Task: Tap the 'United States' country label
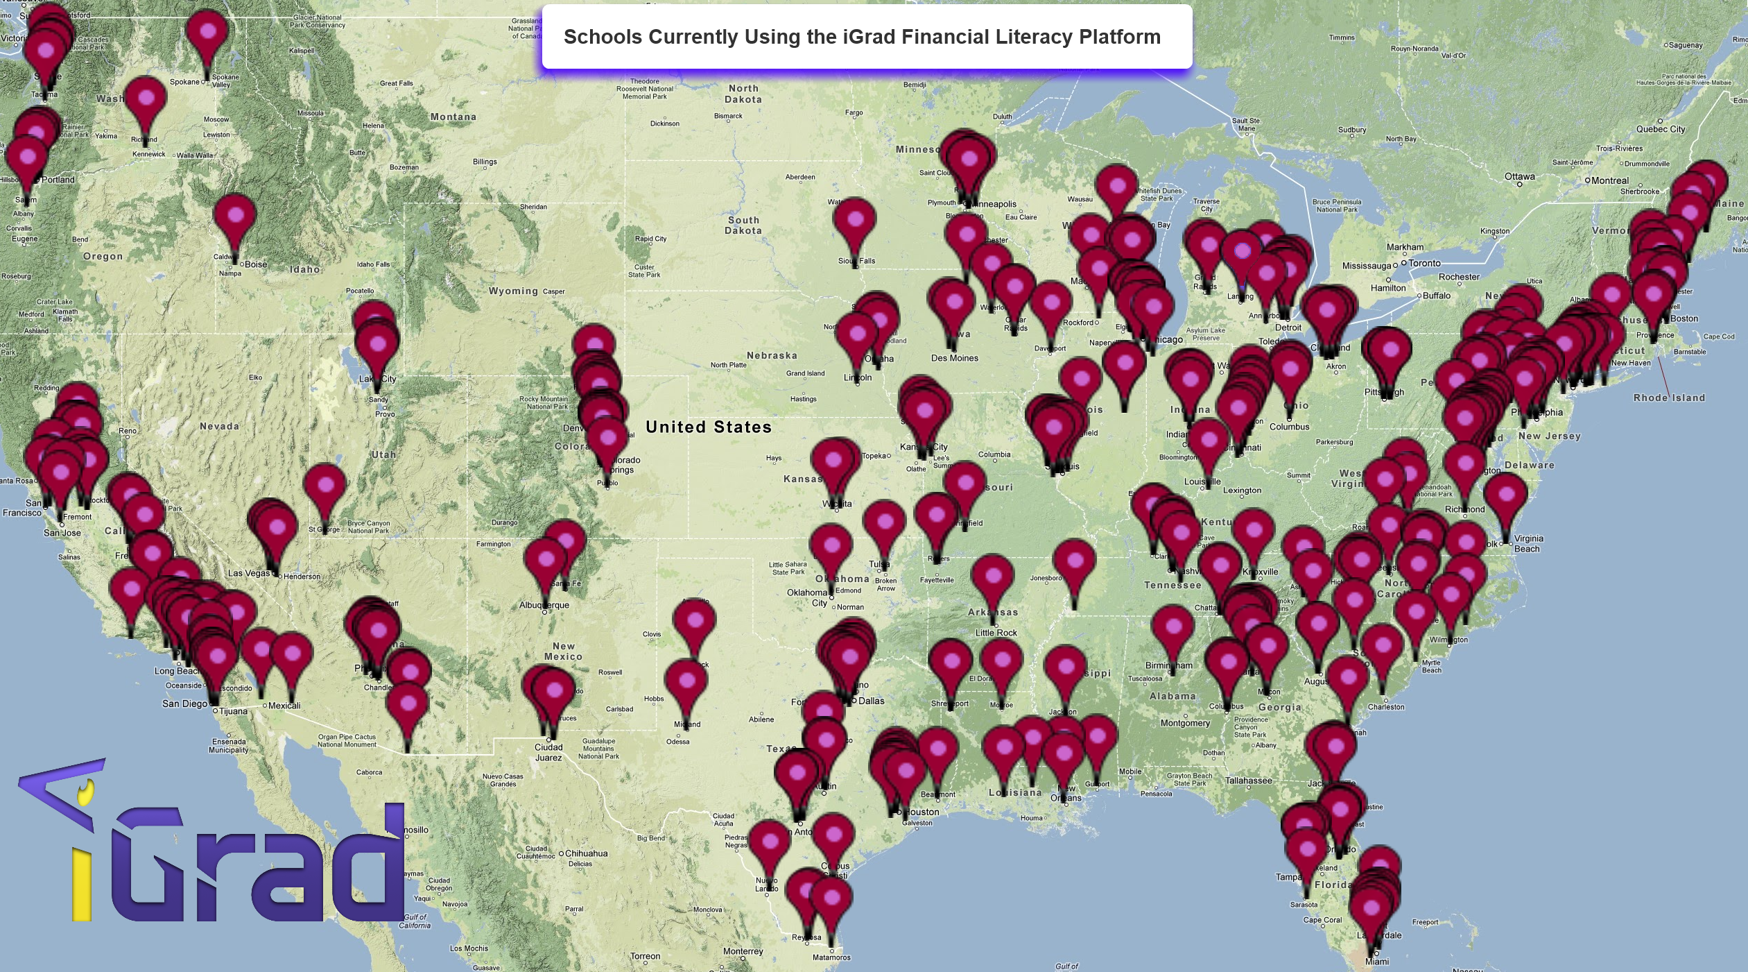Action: pos(708,427)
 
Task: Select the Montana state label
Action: pos(453,117)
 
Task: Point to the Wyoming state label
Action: pos(512,291)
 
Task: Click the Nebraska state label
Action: pos(771,356)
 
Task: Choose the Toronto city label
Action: pos(1424,264)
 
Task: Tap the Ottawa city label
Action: pos(1519,177)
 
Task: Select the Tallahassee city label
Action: pos(1248,781)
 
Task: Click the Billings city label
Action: pos(485,162)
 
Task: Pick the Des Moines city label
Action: pos(954,359)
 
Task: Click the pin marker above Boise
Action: pos(235,216)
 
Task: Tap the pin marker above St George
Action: pos(324,486)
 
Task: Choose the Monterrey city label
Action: pos(743,952)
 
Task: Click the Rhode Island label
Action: pos(1668,398)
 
